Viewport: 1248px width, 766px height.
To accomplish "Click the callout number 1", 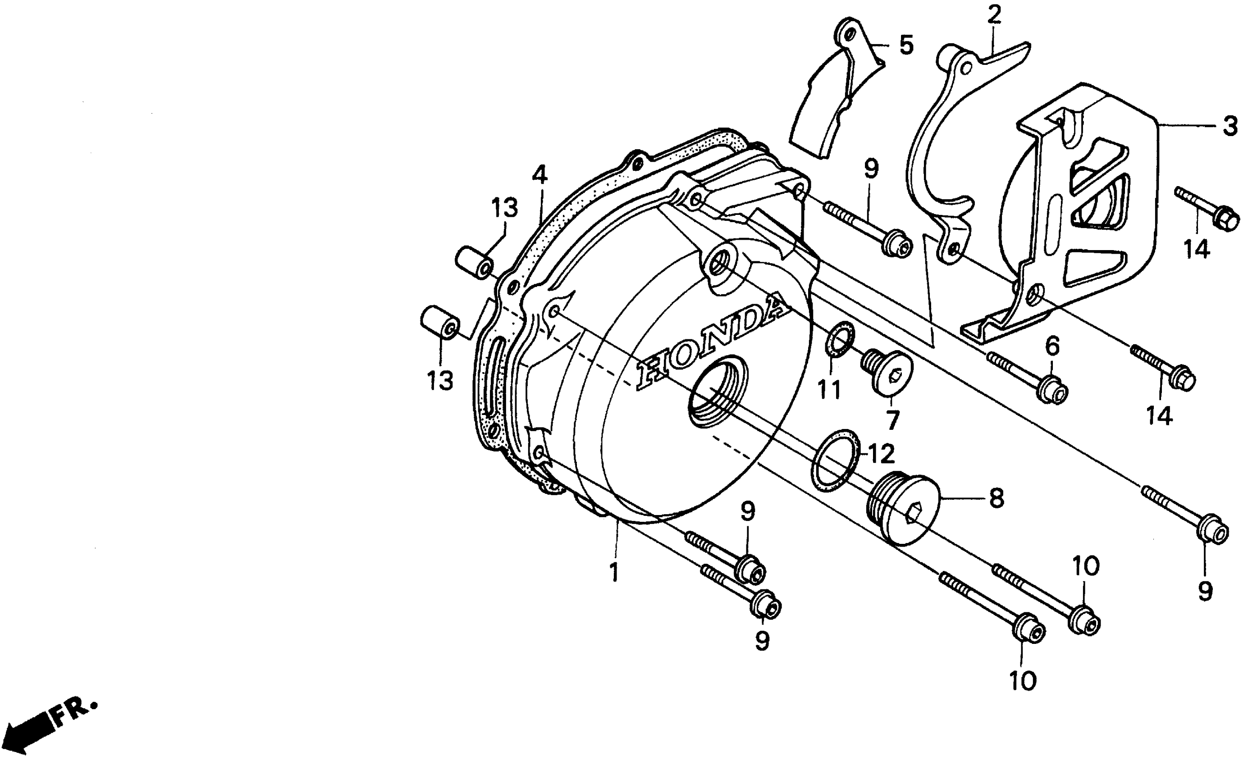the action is click(x=614, y=573).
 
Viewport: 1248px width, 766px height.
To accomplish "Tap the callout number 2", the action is click(x=994, y=15).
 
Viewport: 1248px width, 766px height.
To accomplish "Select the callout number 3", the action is click(x=1229, y=126).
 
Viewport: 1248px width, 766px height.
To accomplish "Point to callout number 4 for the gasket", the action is click(x=539, y=176).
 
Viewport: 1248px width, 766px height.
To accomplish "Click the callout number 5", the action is click(x=906, y=45).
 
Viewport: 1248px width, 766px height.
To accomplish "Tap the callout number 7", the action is click(x=892, y=419).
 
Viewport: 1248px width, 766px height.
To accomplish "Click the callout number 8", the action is click(x=996, y=498).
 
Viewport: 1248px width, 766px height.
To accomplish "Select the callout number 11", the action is click(x=829, y=390).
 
